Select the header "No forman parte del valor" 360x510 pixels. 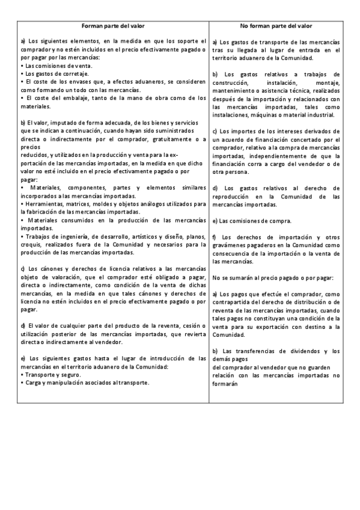click(x=275, y=26)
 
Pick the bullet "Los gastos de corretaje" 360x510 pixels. click(x=52, y=73)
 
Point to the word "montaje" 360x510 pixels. click(x=328, y=82)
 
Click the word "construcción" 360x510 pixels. click(x=232, y=82)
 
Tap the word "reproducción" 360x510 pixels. click(x=234, y=196)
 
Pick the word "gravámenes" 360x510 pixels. click(x=233, y=245)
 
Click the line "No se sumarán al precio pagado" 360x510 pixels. click(x=268, y=277)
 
